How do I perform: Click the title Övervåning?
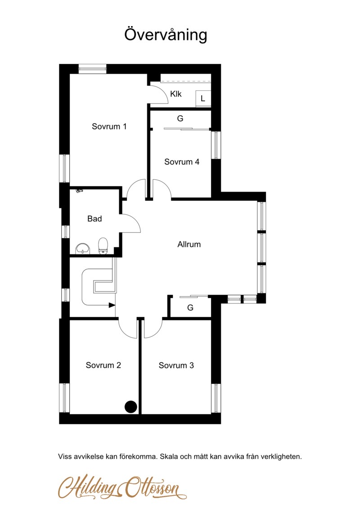(x=166, y=35)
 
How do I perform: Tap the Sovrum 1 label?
(x=109, y=126)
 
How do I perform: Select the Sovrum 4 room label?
(x=182, y=162)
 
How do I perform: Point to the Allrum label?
(x=189, y=244)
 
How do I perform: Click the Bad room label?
(x=94, y=219)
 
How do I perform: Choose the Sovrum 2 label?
(x=103, y=365)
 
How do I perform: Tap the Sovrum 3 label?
(x=176, y=365)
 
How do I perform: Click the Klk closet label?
(x=175, y=94)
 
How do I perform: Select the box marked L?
(x=203, y=98)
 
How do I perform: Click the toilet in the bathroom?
(x=103, y=246)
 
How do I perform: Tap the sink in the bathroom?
(x=83, y=249)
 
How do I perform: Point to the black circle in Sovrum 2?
(x=130, y=406)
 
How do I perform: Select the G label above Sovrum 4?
(x=180, y=118)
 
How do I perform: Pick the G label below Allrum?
(x=190, y=308)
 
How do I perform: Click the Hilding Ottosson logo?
(x=122, y=487)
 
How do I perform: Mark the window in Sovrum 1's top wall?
(x=92, y=69)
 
